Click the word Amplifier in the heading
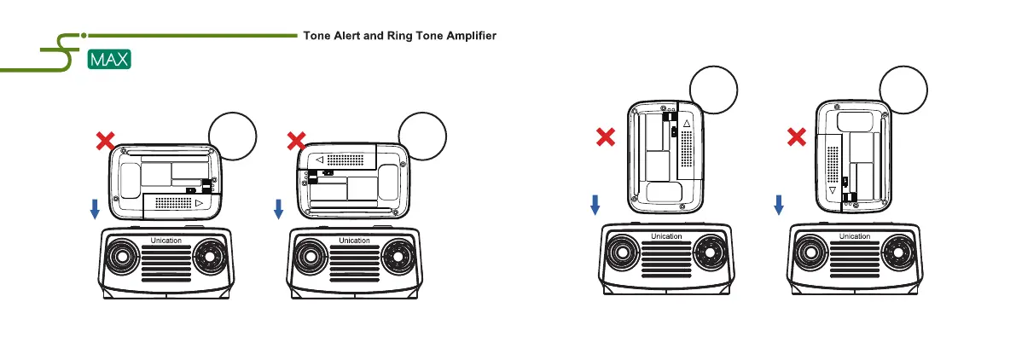pos(467,37)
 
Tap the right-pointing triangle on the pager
pos(199,205)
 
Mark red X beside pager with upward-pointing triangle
pos(606,136)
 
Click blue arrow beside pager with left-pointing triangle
pos(278,208)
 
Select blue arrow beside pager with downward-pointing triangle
pos(778,203)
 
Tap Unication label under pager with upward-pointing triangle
pos(665,236)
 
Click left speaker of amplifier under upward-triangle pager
pos(624,253)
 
